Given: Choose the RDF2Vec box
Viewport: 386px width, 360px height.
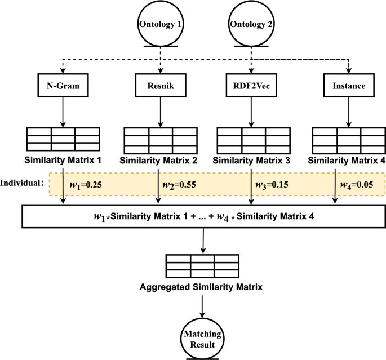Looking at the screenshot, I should pos(250,87).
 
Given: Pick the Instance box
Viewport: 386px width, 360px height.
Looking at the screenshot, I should pos(345,87).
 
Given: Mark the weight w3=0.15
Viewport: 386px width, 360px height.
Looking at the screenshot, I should pos(273,185).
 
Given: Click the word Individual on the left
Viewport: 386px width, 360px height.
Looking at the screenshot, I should pos(21,184).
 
